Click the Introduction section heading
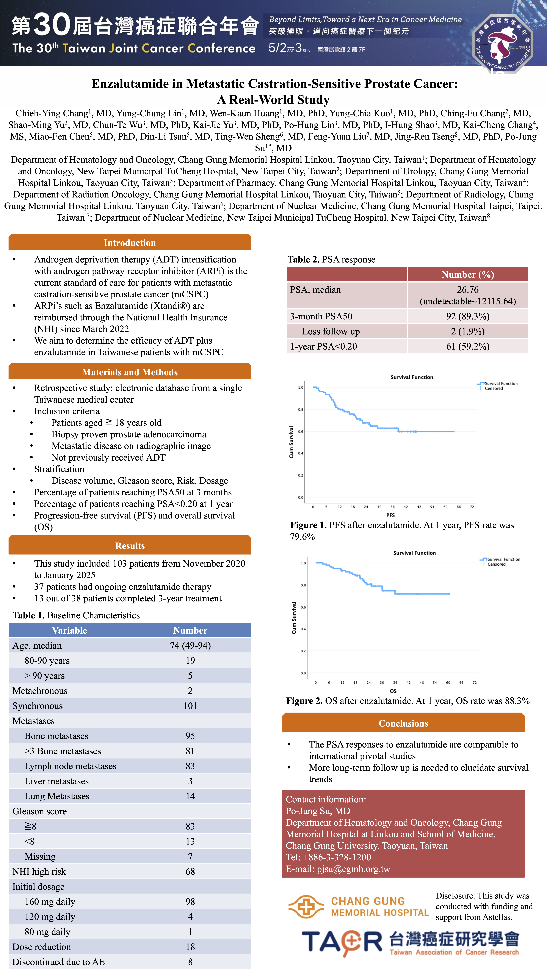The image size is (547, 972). [130, 243]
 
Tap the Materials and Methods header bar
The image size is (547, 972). [130, 372]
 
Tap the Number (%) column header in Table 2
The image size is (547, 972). [467, 274]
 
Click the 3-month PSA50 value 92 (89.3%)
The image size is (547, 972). [467, 316]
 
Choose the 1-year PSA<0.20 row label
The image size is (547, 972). [323, 346]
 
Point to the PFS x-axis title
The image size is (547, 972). [390, 515]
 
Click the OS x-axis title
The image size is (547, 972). [393, 691]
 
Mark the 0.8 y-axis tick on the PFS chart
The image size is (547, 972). [300, 409]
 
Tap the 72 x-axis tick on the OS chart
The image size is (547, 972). [475, 683]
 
